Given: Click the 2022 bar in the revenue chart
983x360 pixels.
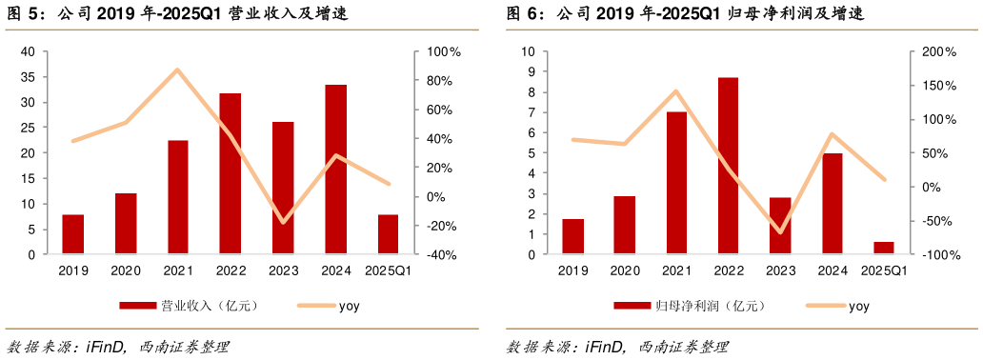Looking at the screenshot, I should click(x=231, y=174).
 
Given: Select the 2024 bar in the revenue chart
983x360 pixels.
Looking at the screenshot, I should click(x=335, y=170).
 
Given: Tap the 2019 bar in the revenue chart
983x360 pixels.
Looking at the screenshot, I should click(x=73, y=234).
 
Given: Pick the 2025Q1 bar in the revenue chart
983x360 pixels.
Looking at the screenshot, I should click(x=388, y=234).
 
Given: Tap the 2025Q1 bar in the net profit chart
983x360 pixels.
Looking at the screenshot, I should click(x=884, y=248).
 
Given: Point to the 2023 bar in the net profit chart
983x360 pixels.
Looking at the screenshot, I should click(x=780, y=226).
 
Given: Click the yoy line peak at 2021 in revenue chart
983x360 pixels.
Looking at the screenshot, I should click(x=177, y=70).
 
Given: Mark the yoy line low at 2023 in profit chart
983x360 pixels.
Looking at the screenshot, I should click(x=780, y=231).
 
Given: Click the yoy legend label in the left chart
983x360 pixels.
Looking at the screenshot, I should click(x=349, y=306).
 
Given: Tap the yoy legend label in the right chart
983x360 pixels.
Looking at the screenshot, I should click(x=858, y=306).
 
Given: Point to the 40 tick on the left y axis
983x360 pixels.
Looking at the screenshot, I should click(x=28, y=51).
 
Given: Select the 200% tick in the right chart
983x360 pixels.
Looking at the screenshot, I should click(x=940, y=51).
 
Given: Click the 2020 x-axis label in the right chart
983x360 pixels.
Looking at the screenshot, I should click(x=625, y=270).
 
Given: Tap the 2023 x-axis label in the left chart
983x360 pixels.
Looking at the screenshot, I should click(x=283, y=270).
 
